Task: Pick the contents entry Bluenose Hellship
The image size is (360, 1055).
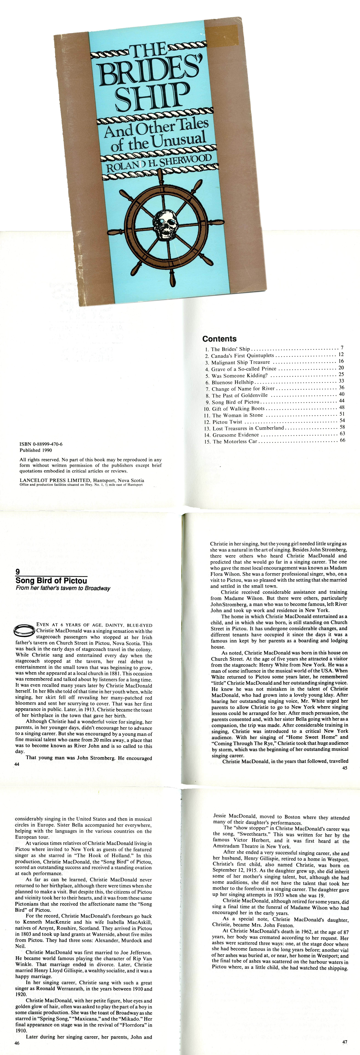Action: pos(232,382)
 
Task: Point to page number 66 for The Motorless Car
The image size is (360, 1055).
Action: pos(342,440)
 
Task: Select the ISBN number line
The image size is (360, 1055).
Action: pos(41,444)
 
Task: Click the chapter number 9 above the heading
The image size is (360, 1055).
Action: pos(18,572)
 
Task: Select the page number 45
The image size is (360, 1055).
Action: pos(344,768)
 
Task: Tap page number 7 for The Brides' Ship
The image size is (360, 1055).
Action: pos(342,348)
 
